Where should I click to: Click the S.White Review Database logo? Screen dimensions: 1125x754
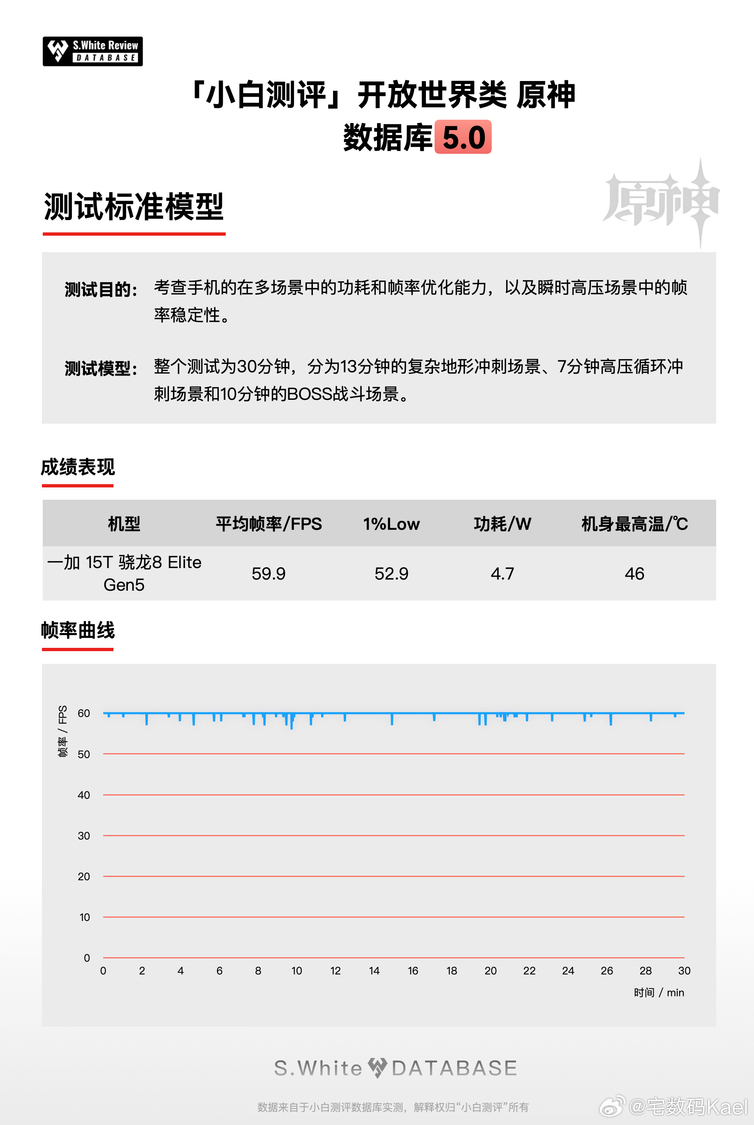coord(93,51)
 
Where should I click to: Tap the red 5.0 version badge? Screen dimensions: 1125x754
coord(463,137)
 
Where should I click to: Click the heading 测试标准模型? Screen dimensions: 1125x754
coord(134,207)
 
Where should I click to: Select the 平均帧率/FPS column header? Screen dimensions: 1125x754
coord(268,524)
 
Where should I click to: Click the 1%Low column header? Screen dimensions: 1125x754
coord(391,524)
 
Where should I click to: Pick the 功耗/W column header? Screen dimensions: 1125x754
coord(502,524)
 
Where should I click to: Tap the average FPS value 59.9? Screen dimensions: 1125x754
coord(268,573)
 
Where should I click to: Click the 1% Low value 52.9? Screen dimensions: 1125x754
coord(391,573)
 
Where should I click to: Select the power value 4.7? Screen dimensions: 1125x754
coord(502,573)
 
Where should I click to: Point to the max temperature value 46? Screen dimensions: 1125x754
coord(634,573)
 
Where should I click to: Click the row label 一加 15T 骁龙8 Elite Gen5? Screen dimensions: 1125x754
coord(124,573)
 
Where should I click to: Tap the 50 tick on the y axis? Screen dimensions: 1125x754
coord(84,754)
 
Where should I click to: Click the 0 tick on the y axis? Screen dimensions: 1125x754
coord(87,958)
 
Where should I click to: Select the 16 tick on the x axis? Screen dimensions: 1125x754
coord(413,971)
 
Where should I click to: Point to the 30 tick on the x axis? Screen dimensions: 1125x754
coord(684,971)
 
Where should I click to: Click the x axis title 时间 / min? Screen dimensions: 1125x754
coord(658,992)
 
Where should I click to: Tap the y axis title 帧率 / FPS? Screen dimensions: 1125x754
coord(62,731)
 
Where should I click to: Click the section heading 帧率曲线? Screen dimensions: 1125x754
coord(78,630)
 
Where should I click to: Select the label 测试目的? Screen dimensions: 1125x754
coord(101,290)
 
